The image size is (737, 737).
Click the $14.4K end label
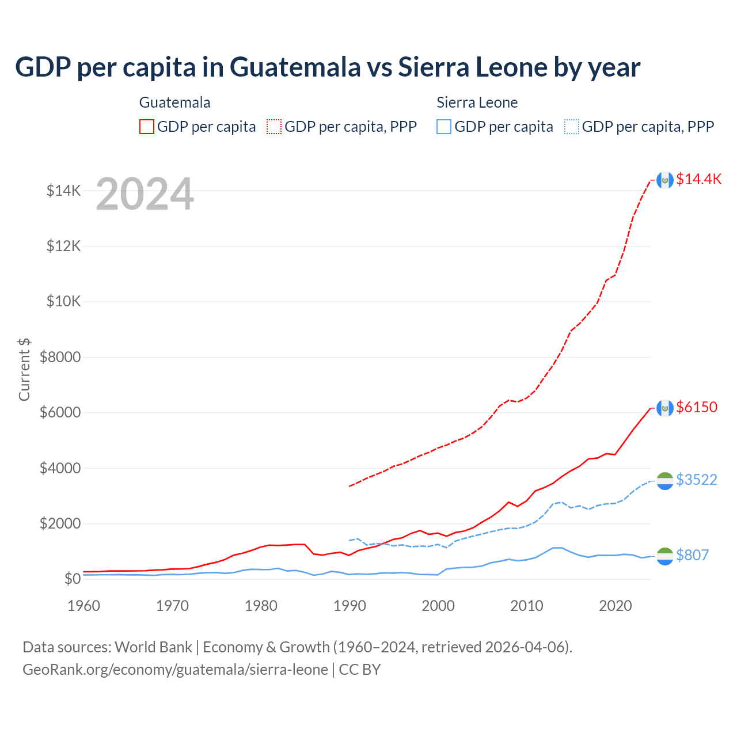pyautogui.click(x=698, y=179)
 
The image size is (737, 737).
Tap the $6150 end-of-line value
pyautogui.click(x=697, y=407)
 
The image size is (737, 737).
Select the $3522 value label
pyautogui.click(x=697, y=480)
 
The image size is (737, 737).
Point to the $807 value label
pyautogui.click(x=692, y=555)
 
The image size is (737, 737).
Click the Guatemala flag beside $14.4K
pyautogui.click(x=665, y=180)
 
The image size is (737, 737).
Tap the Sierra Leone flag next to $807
pyautogui.click(x=665, y=556)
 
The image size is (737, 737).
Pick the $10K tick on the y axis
pyautogui.click(x=64, y=301)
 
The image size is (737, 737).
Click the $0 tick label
pyautogui.click(x=72, y=579)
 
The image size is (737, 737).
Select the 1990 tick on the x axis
pyautogui.click(x=349, y=606)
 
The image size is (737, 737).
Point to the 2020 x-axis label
pyautogui.click(x=616, y=606)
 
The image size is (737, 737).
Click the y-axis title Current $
pyautogui.click(x=24, y=369)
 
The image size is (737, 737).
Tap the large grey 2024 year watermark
pyautogui.click(x=145, y=194)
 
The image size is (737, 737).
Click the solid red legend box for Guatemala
pyautogui.click(x=147, y=127)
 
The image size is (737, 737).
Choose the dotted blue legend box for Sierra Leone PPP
pyautogui.click(x=572, y=127)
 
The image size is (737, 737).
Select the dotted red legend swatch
pyautogui.click(x=274, y=127)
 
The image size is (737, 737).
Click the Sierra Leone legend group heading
pyautogui.click(x=477, y=102)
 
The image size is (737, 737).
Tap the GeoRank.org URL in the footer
pyautogui.click(x=175, y=670)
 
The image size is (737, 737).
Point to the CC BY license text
pyautogui.click(x=360, y=670)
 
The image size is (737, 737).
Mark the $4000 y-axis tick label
pyautogui.click(x=60, y=468)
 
